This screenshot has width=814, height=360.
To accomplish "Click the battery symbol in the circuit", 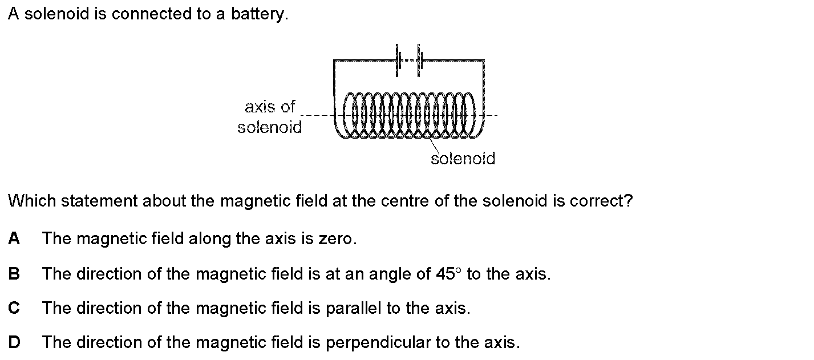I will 408,60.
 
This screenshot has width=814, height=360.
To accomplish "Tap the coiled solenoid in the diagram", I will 409,115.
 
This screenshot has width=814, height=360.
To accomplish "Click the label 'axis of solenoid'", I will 270,116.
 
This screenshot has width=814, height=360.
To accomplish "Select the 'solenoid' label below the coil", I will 463,158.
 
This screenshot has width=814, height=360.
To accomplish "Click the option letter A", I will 14,238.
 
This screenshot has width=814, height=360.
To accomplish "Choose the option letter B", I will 14,274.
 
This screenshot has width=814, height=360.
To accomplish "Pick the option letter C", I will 14,308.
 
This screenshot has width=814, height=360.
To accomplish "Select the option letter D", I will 14,342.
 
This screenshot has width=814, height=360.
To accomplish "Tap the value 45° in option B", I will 449,274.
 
